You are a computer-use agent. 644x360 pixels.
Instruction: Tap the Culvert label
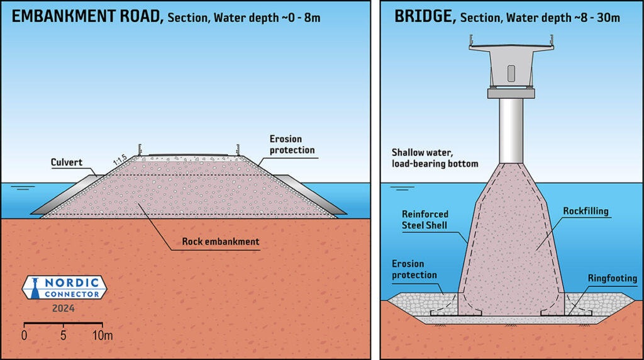(66, 162)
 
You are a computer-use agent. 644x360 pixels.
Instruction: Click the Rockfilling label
(586, 211)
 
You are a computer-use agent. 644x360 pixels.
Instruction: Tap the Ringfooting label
(612, 278)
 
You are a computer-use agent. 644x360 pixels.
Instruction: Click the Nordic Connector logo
(64, 288)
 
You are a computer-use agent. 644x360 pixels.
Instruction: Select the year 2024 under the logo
(64, 308)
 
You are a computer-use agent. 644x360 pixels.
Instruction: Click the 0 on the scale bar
(25, 335)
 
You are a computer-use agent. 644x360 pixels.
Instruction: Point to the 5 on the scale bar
(64, 335)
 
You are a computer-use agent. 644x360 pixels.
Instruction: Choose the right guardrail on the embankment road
(238, 149)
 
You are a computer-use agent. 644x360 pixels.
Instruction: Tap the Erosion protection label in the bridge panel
(414, 269)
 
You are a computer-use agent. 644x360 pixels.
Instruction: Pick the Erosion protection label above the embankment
(292, 144)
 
